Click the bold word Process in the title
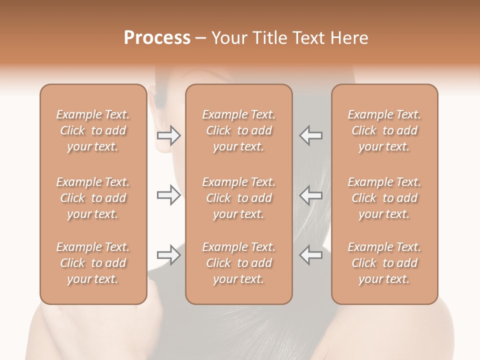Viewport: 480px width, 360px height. coord(157,38)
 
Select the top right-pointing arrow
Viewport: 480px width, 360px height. coord(169,135)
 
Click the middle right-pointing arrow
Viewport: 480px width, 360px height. coord(169,195)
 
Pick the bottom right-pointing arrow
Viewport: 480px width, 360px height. coord(169,255)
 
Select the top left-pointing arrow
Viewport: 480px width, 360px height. coord(311,135)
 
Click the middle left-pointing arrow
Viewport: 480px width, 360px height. coord(311,195)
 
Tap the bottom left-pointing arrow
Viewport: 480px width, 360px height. coord(311,255)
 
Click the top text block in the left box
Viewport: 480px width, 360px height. coord(93,130)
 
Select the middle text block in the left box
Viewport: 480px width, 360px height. coord(93,198)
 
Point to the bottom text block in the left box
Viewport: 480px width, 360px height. coord(93,263)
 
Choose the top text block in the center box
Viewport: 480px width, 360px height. coord(239,130)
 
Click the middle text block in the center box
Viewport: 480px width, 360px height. coord(239,198)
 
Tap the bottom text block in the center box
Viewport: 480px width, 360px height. coord(239,263)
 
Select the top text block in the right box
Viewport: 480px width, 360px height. coord(384,130)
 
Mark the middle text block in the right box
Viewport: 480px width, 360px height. coord(384,198)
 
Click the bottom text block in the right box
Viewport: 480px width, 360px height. coord(384,263)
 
